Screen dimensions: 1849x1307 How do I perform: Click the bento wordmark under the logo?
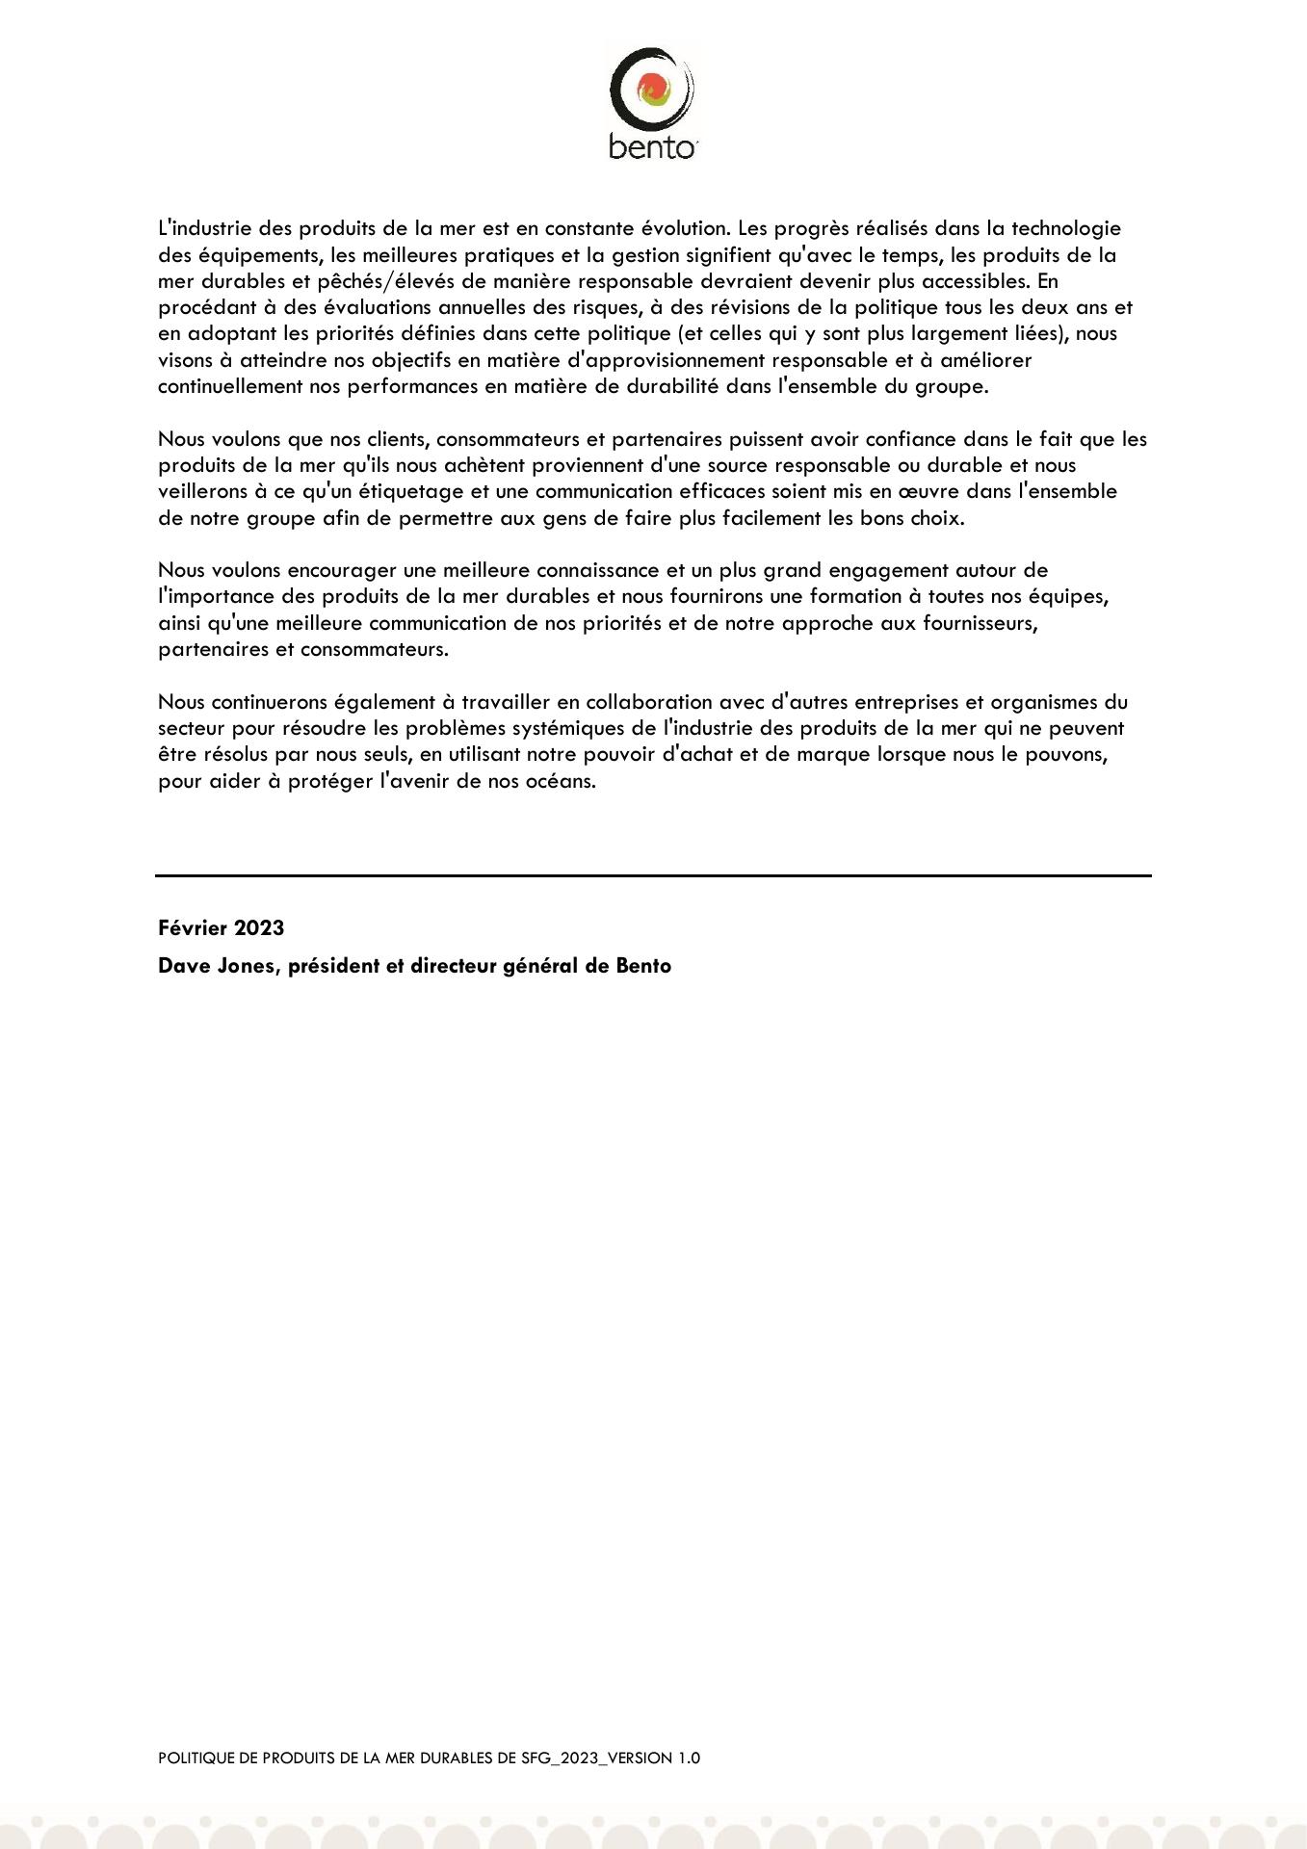(652, 146)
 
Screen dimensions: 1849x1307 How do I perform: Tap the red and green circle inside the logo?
(652, 91)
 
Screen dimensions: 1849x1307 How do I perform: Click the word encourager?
(342, 571)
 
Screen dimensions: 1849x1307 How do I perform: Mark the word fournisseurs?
(980, 623)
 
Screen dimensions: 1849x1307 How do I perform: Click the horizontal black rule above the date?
(653, 875)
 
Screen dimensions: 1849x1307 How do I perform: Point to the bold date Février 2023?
(221, 928)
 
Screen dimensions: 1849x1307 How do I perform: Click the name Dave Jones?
(219, 966)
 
